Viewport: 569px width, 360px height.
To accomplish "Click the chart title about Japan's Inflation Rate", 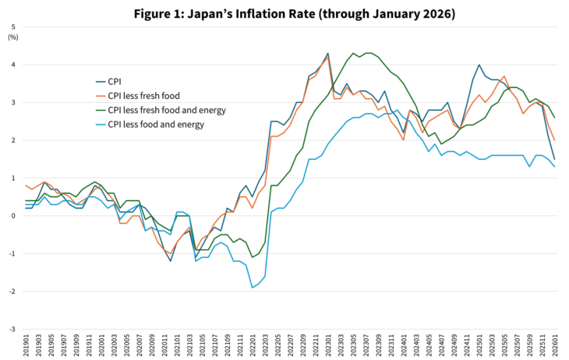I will point(284,13).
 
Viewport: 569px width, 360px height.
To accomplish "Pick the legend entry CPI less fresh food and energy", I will point(166,110).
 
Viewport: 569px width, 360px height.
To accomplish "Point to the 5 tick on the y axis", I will point(12,27).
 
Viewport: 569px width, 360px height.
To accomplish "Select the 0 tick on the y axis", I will point(12,216).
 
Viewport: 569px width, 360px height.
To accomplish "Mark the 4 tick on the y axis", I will point(12,65).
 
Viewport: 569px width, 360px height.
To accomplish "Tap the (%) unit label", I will point(13,37).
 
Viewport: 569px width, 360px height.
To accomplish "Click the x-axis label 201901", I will point(27,345).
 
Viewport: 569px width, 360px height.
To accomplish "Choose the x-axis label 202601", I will point(554,345).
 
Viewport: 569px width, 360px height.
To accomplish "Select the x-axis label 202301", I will point(328,345).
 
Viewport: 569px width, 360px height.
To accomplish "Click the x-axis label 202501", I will point(479,345).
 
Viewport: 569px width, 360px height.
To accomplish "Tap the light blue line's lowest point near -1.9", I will point(253,288).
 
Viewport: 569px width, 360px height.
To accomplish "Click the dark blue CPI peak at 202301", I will point(328,54).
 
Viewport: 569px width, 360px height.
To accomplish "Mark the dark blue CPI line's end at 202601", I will point(554,159).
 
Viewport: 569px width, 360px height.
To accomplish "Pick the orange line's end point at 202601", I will point(554,140).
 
